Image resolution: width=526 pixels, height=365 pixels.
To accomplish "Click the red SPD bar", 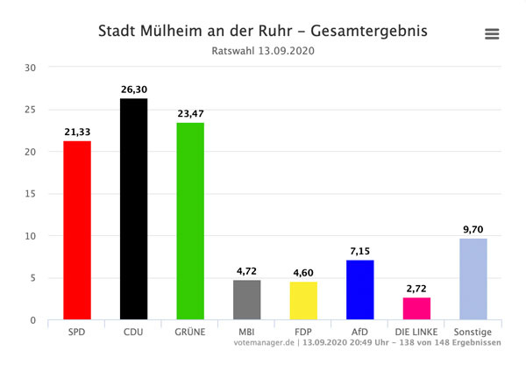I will pos(77,230).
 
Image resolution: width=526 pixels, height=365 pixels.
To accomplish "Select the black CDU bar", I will pos(133,209).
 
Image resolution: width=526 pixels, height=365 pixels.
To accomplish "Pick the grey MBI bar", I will pos(246,300).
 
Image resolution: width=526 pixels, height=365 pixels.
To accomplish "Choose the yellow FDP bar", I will pos(302,301).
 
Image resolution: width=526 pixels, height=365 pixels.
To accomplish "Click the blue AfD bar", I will pos(359,290).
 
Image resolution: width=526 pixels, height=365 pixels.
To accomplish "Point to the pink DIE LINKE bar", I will pos(416,309).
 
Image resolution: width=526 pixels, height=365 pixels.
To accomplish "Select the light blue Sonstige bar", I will pos(473,279).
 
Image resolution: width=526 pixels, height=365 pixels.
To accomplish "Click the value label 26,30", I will pos(133,89).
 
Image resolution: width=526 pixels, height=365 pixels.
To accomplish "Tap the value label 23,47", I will pos(190,112).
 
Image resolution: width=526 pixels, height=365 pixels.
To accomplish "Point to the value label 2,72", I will pos(416,288).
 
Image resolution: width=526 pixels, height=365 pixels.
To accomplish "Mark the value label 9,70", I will pos(473,229).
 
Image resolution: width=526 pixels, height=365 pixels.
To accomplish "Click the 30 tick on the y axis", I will pos(31,68).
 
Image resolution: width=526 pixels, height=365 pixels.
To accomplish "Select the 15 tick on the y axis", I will pos(31,194).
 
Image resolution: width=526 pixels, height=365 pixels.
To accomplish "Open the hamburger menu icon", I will pos(492,34).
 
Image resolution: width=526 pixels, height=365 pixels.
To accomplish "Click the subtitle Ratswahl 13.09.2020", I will pos(263,51).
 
